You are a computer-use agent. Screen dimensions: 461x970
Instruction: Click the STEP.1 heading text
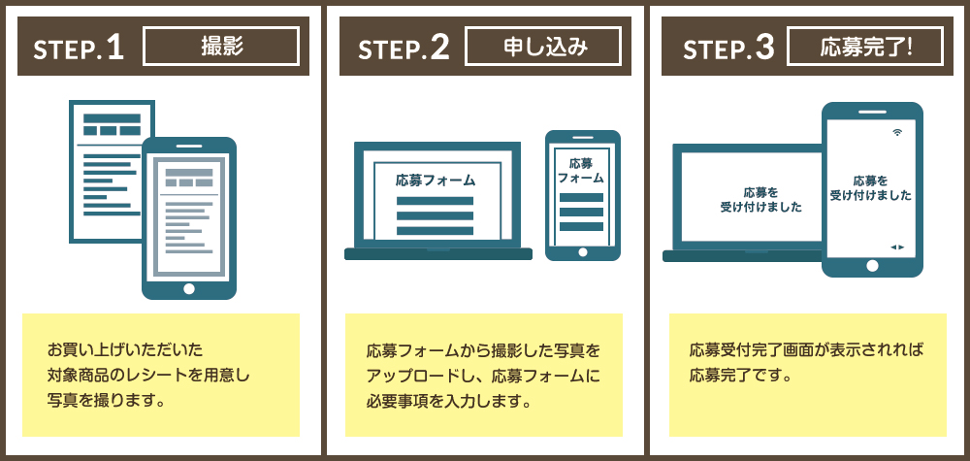click(x=80, y=49)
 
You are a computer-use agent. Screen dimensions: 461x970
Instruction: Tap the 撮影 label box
click(x=221, y=46)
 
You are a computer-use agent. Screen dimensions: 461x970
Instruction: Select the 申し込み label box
click(x=543, y=46)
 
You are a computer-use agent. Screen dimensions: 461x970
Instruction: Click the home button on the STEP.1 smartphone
click(x=189, y=288)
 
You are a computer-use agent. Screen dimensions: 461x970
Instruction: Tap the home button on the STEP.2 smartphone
click(x=582, y=251)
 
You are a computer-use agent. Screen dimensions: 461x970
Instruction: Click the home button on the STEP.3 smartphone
click(x=872, y=264)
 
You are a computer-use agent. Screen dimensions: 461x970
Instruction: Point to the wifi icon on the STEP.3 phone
click(x=897, y=131)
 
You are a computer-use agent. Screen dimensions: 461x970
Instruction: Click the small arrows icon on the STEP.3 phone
click(x=897, y=247)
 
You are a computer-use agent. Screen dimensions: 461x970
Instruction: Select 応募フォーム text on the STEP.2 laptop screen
click(x=436, y=180)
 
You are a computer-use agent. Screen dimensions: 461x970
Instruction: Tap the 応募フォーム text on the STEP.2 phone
click(x=581, y=171)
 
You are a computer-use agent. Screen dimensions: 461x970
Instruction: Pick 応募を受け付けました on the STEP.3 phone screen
click(x=871, y=187)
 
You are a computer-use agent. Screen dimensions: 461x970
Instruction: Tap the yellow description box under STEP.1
click(x=161, y=375)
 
